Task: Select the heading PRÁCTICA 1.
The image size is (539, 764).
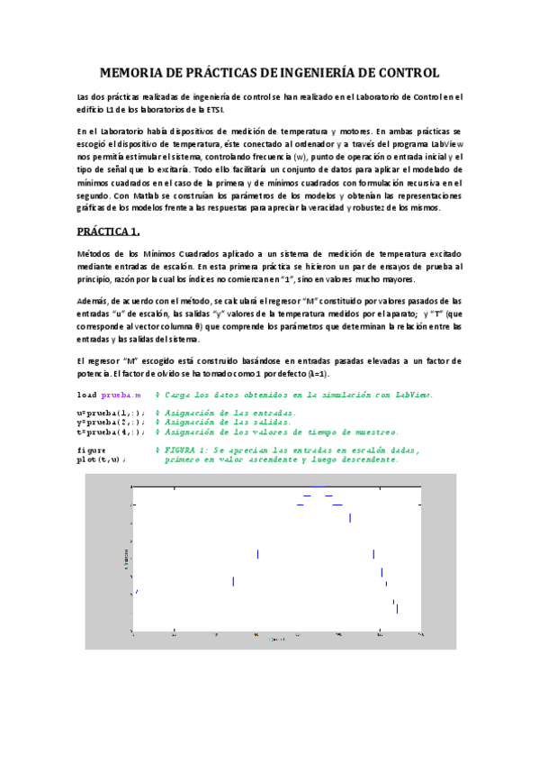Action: point(114,231)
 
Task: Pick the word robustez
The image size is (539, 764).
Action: point(399,208)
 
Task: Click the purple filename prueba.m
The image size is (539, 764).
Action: point(120,396)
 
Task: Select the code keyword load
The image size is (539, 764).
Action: point(87,396)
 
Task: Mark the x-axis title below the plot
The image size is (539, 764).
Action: point(278,641)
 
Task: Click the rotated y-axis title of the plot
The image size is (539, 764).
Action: point(126,559)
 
